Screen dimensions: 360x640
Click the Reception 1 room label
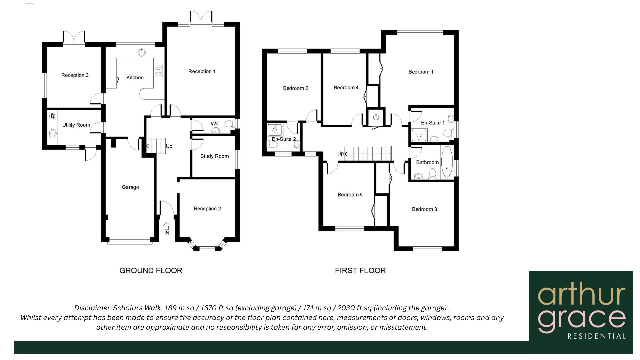[202, 71]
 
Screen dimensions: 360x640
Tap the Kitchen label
[135, 77]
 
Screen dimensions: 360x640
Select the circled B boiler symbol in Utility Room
[52, 116]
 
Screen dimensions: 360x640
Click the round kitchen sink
[142, 52]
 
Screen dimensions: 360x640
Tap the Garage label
[130, 187]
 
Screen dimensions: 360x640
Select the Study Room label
[214, 156]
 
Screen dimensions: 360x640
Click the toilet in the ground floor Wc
[229, 124]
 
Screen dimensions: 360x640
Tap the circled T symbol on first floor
[376, 117]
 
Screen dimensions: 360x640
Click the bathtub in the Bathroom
[447, 162]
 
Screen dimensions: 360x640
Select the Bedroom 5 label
[350, 195]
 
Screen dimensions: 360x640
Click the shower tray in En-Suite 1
[419, 135]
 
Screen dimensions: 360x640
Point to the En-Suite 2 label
[284, 139]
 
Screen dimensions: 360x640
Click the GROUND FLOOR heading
[151, 270]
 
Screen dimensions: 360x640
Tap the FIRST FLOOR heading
[360, 270]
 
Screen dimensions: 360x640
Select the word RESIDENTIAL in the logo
[596, 336]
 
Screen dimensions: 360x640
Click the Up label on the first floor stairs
[340, 153]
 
